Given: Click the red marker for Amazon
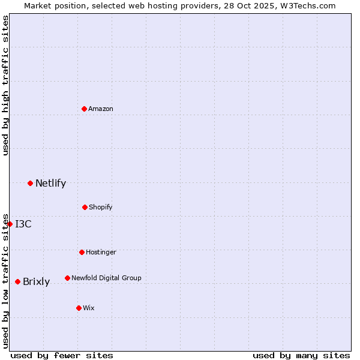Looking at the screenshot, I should tap(84, 109).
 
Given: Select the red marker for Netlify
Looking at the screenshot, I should tap(30, 183).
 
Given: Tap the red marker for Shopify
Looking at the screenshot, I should tap(85, 207).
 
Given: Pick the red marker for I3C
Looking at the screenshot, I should tap(10, 224).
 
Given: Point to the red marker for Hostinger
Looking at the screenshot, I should tap(82, 252).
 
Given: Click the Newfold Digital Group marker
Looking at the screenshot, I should tap(67, 278).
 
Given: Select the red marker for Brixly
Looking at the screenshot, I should tap(17, 281).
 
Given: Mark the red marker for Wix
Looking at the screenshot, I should tap(79, 308).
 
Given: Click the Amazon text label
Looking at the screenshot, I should tap(101, 109).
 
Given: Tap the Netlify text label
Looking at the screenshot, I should tap(50, 183).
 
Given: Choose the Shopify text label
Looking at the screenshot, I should tap(101, 207).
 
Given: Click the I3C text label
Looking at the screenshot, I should tap(23, 224).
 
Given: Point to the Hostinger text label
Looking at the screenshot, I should tap(101, 252).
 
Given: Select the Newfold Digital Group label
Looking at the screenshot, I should tap(106, 278).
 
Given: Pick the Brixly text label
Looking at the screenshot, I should tap(36, 281).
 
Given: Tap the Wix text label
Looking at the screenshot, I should tap(89, 308).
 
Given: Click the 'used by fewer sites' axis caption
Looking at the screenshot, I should tap(62, 355).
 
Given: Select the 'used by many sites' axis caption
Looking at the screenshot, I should tap(301, 355).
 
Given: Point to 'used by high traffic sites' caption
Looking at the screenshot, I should tap(5, 85).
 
